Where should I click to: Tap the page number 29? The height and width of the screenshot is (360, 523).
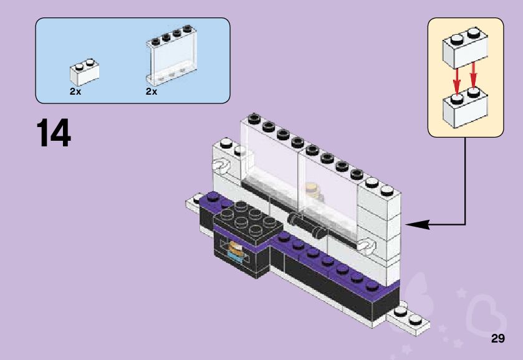[x=497, y=339]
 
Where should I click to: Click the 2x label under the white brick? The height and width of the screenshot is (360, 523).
[x=75, y=91]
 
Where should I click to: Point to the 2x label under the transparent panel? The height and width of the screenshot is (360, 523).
[x=151, y=91]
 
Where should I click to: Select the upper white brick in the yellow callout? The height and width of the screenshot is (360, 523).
[x=464, y=48]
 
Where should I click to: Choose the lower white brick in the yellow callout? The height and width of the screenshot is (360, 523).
[x=464, y=107]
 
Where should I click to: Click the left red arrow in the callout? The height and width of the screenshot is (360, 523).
[x=456, y=79]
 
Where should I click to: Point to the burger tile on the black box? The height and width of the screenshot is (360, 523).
[x=237, y=250]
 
